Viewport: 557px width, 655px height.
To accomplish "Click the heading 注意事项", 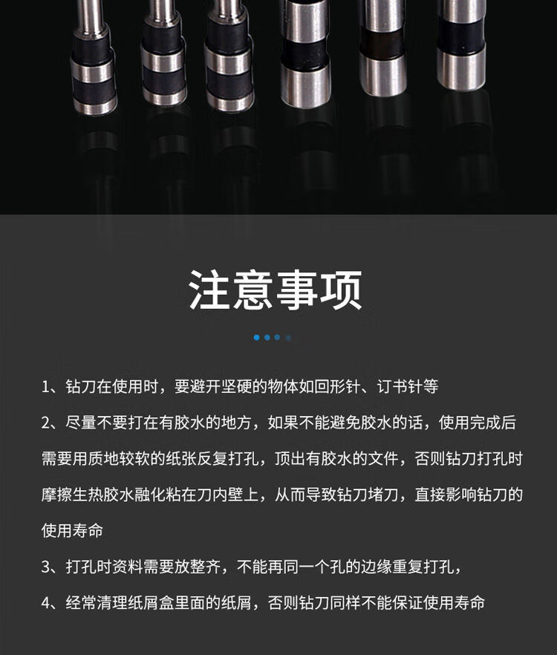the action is point(276,290).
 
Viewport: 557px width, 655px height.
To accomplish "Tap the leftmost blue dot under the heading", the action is point(256,337).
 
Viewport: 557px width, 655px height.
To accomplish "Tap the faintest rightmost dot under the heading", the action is point(288,337).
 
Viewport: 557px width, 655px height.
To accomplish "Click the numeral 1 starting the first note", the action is point(45,387).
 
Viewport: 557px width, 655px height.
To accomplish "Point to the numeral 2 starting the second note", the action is point(45,423).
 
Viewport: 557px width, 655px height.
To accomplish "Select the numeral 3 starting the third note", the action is point(45,567).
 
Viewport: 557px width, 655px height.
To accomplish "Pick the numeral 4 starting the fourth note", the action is point(45,603).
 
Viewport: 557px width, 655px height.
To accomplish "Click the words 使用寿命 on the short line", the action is point(72,530).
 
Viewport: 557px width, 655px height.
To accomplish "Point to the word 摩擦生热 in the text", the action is point(72,495).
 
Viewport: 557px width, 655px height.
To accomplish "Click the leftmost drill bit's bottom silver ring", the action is point(95,106).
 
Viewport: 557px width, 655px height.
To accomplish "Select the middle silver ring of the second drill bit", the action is point(163,62).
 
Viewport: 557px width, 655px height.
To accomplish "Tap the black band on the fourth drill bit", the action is point(304,54).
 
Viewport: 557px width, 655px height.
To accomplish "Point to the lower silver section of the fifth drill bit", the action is point(383,74).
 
